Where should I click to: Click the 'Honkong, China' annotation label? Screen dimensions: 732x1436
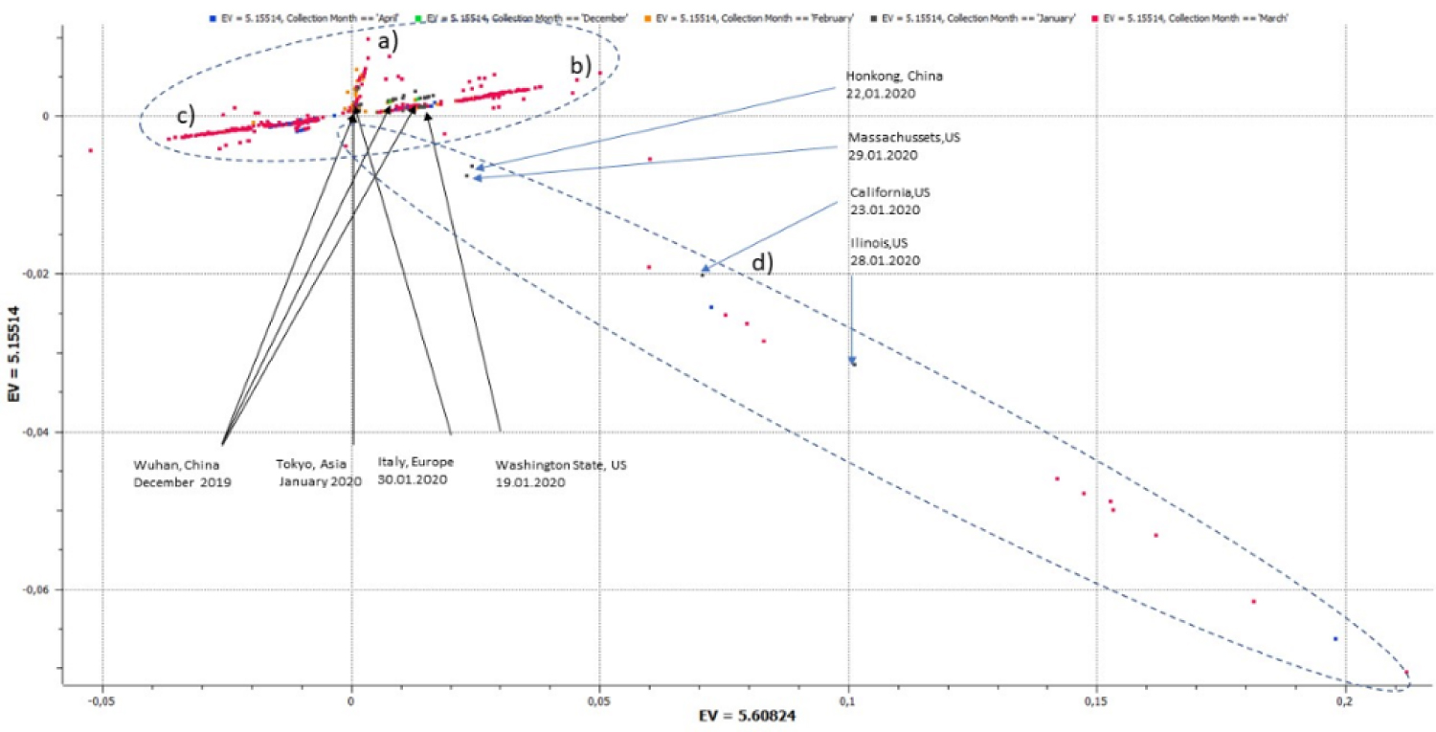pos(886,77)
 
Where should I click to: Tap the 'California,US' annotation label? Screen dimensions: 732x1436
pos(889,192)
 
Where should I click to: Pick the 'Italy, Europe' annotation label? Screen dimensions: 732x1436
pos(415,462)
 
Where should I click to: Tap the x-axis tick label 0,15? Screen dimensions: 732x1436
pos(1097,702)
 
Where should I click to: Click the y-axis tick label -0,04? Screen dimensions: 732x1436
pos(35,433)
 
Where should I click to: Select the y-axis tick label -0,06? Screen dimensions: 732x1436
pos(35,590)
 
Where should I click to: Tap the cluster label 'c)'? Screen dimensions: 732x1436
pos(185,116)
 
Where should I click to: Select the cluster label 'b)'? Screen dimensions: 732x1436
pos(581,65)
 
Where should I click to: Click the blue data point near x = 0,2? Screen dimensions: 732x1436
pos(1335,638)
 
